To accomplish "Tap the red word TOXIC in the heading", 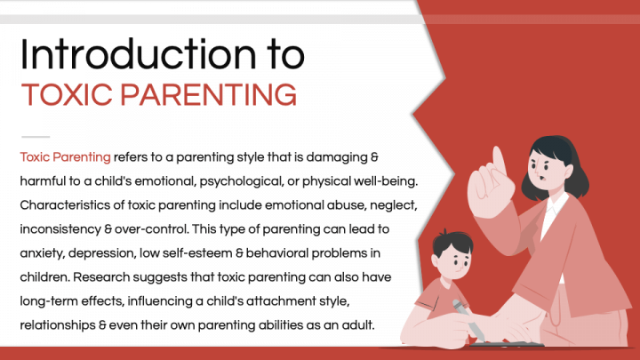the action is tap(67, 95).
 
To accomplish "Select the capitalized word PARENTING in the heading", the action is tap(208, 95).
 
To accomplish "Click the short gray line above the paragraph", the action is tap(36, 137).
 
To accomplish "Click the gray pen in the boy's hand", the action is tap(468, 321).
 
